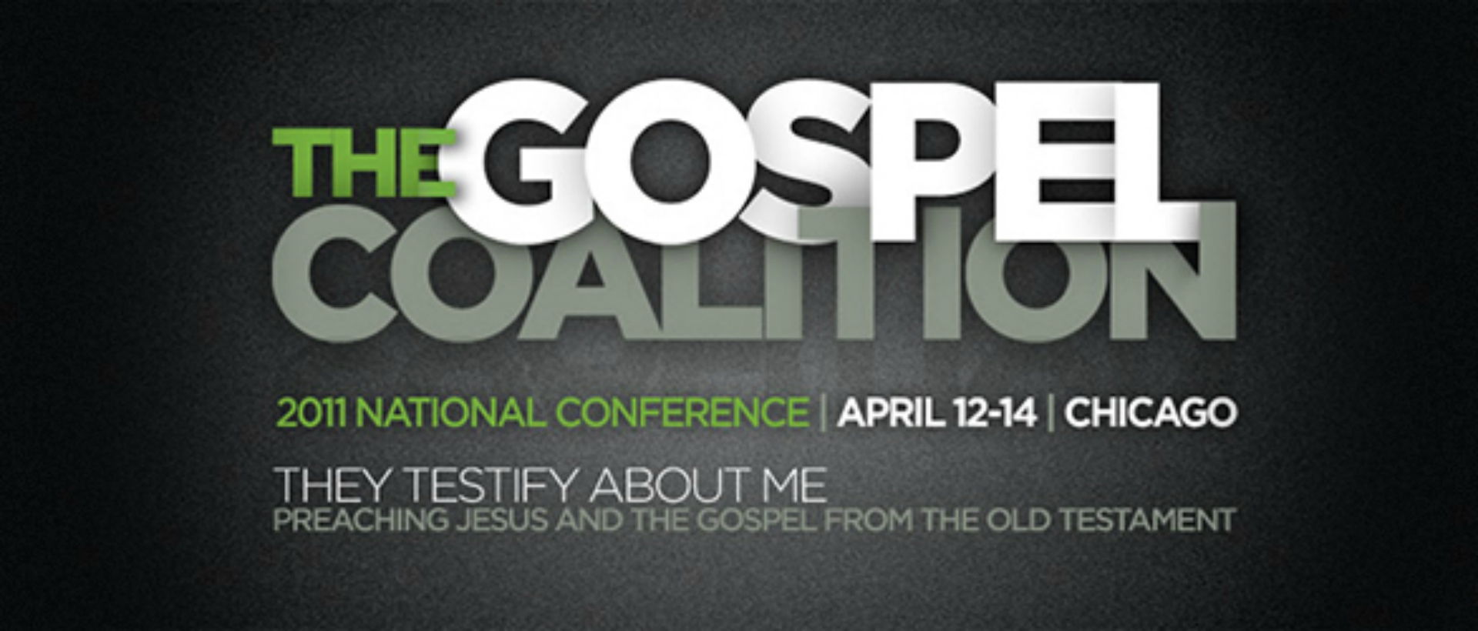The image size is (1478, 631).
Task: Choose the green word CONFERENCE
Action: (683, 413)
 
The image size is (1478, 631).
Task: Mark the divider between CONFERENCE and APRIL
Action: (824, 413)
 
